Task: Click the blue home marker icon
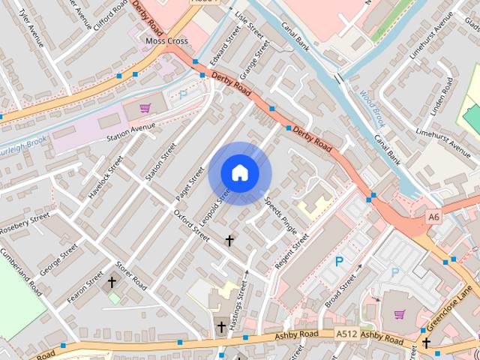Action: [239, 172]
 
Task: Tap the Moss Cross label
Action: [166, 41]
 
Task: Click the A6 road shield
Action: [433, 217]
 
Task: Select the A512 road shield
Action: [346, 334]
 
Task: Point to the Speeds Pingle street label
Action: [280, 214]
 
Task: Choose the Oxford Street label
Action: [192, 225]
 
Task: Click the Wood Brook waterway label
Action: [371, 107]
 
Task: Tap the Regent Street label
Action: [292, 252]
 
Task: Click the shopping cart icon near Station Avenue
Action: [145, 108]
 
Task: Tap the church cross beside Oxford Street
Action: [229, 241]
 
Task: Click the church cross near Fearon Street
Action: [112, 282]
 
